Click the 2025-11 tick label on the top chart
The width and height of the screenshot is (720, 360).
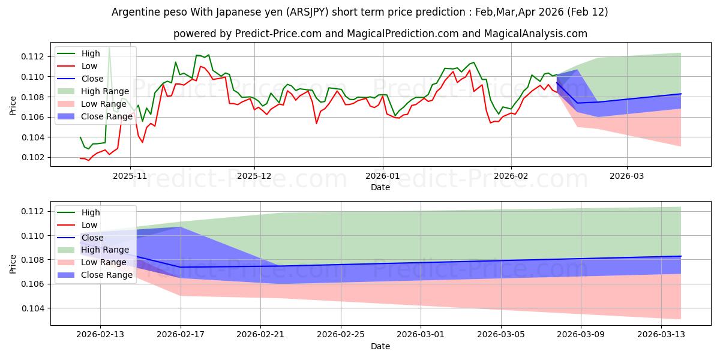pyautogui.click(x=130, y=176)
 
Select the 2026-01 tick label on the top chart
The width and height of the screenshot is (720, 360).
pyautogui.click(x=382, y=176)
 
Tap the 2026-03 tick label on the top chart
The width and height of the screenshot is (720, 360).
pyautogui.click(x=627, y=176)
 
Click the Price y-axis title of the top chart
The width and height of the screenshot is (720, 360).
pyautogui.click(x=13, y=105)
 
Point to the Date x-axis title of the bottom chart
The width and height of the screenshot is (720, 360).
pyautogui.click(x=380, y=347)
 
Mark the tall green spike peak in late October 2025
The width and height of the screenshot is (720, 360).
pyautogui.click(x=109, y=47)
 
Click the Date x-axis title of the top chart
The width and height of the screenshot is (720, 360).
pyautogui.click(x=380, y=188)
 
